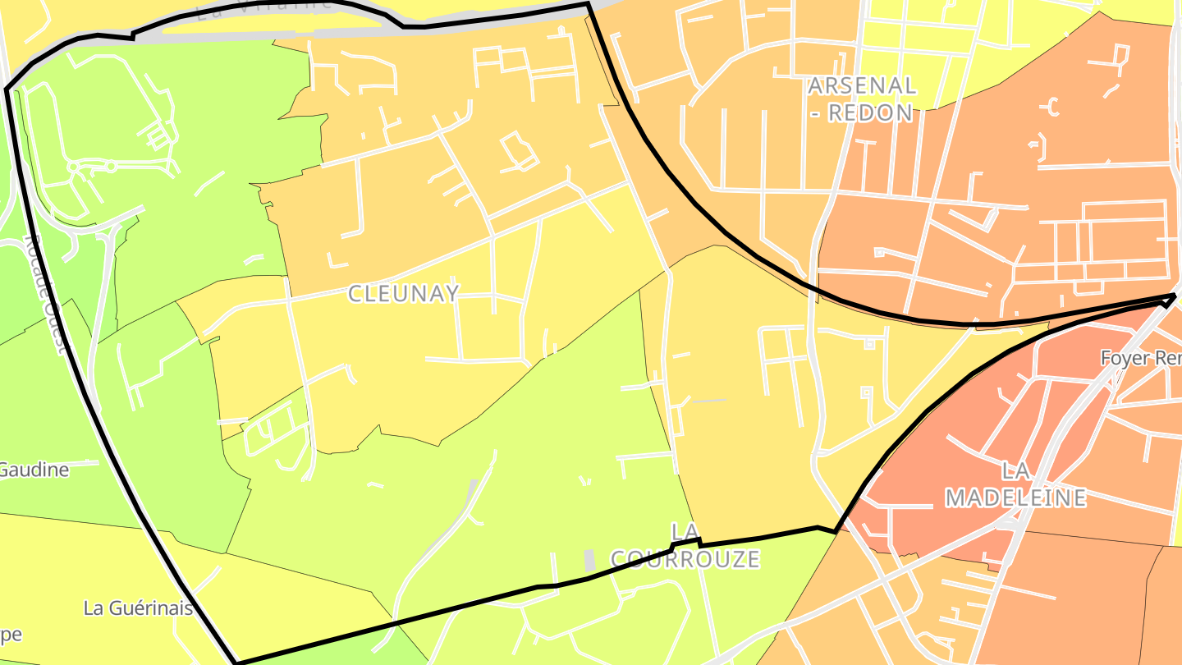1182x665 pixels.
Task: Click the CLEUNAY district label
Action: point(403,293)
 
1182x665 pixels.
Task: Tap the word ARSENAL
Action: point(862,85)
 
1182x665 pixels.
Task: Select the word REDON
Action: point(871,112)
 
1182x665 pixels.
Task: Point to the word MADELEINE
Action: point(1016,498)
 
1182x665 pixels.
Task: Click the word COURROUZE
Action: point(685,560)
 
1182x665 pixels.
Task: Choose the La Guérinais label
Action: point(138,608)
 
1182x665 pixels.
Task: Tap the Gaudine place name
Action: point(34,470)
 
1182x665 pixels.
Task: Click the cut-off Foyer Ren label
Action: point(1141,359)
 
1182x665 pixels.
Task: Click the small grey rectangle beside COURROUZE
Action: point(589,561)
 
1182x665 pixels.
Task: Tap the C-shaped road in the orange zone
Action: point(1052,106)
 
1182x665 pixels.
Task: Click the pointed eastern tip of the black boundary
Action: point(1175,296)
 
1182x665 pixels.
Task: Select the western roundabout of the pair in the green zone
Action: point(74,167)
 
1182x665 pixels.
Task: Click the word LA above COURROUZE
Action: point(685,531)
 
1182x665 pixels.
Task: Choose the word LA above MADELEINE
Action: point(1015,470)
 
